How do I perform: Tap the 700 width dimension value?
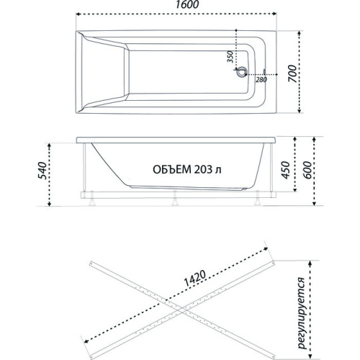[291, 72]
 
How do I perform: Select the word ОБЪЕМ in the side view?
[171, 171]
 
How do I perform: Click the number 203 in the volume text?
[202, 171]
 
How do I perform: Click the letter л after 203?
[217, 171]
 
